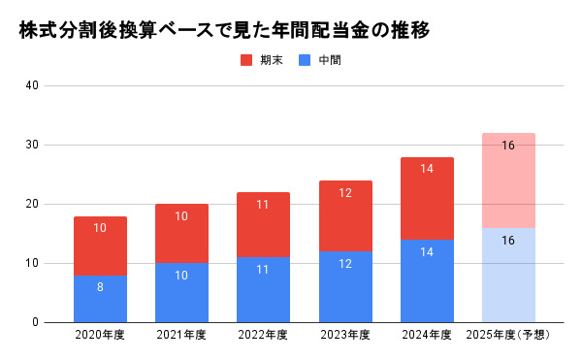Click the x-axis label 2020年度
point(100,336)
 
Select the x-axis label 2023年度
point(345,336)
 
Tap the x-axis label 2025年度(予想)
point(508,336)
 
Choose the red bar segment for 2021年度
point(181,234)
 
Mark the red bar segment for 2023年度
point(345,215)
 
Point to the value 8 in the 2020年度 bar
point(100,286)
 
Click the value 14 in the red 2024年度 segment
point(427,169)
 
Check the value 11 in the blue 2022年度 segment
point(263,269)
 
